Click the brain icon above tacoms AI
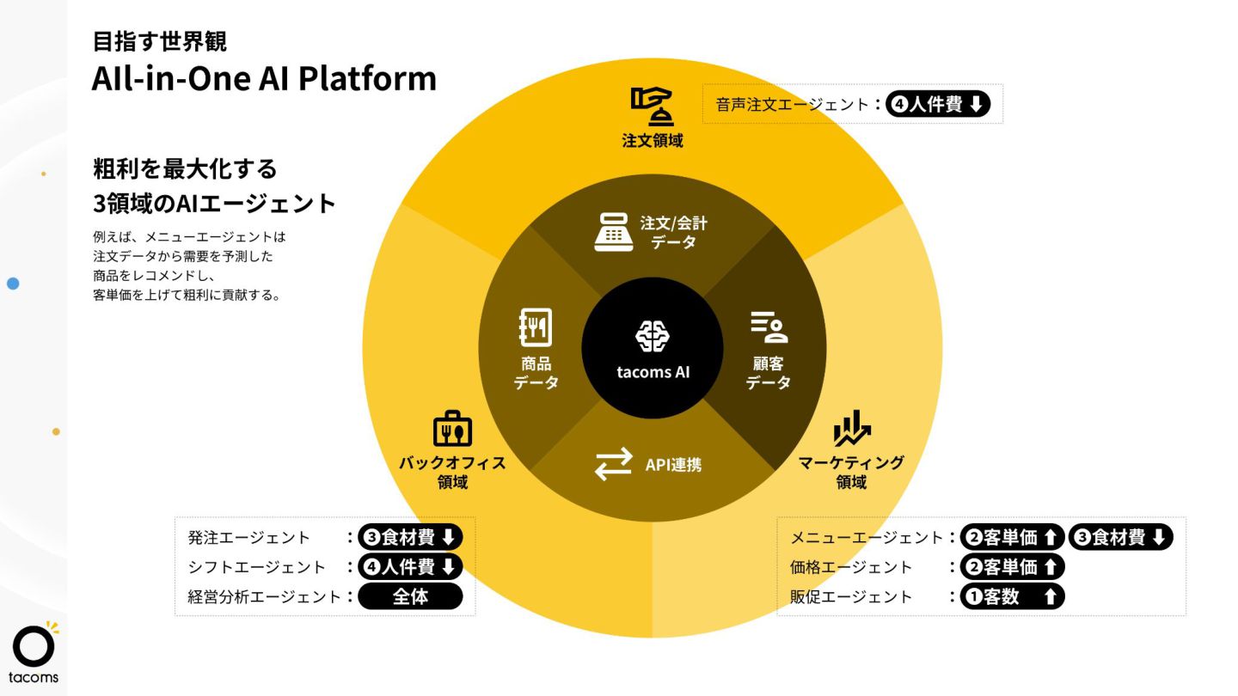pyautogui.click(x=653, y=337)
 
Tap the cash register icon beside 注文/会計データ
pyautogui.click(x=613, y=231)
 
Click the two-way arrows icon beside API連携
pyautogui.click(x=613, y=465)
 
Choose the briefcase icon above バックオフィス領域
pyautogui.click(x=452, y=430)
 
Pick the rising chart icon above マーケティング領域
pyautogui.click(x=851, y=430)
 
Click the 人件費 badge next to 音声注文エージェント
pyautogui.click(x=938, y=105)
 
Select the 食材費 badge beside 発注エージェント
pyautogui.click(x=410, y=538)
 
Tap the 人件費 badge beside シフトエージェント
pyautogui.click(x=410, y=567)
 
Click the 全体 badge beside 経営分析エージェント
pyautogui.click(x=410, y=596)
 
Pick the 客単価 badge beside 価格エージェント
pyautogui.click(x=1012, y=567)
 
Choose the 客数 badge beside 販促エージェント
pyautogui.click(x=1012, y=596)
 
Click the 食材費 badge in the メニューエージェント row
pyautogui.click(x=1120, y=538)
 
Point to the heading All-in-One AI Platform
pyautogui.click(x=264, y=79)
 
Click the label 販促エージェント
pyautogui.click(x=851, y=596)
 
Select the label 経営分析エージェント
pyautogui.click(x=264, y=596)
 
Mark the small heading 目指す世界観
pyautogui.click(x=160, y=40)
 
